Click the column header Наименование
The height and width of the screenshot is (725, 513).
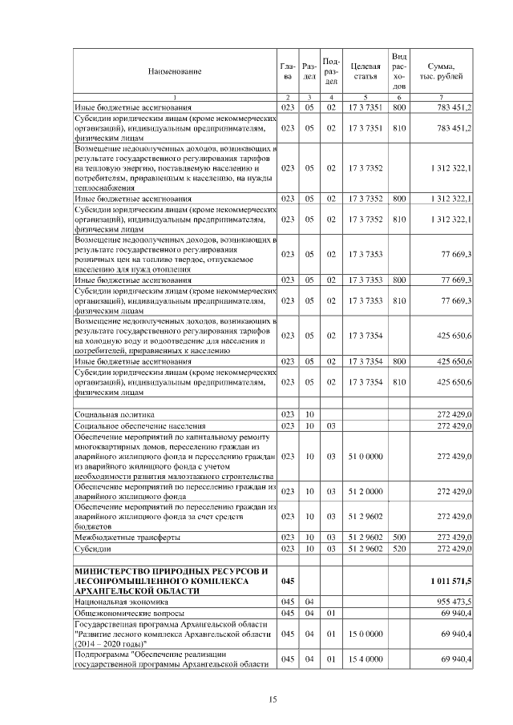(x=174, y=71)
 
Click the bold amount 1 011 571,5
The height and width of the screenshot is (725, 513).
(x=449, y=579)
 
